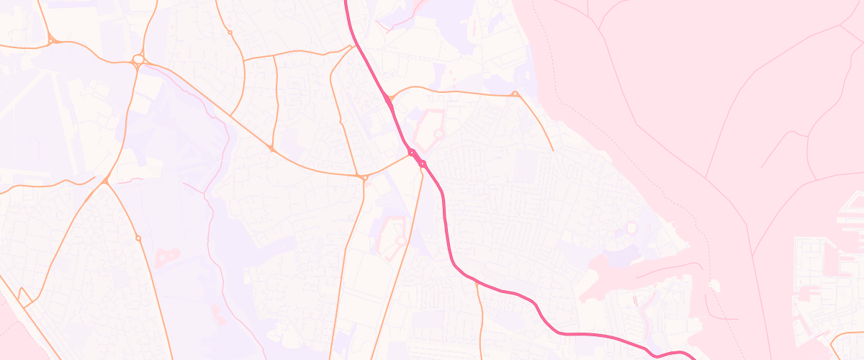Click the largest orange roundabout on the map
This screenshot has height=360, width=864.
click(x=138, y=59)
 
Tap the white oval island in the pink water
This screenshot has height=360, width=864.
click(x=714, y=287)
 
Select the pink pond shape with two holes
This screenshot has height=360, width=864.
click(x=167, y=255)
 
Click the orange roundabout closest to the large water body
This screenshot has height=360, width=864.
click(x=515, y=94)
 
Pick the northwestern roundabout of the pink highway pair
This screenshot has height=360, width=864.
click(x=412, y=152)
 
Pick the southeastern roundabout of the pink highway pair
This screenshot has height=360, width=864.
click(x=423, y=164)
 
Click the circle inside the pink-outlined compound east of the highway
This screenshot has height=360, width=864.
click(x=438, y=134)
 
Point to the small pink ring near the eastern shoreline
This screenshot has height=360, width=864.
click(x=631, y=228)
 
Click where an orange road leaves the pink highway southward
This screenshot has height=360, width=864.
click(x=476, y=282)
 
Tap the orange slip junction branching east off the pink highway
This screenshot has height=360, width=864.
click(x=389, y=99)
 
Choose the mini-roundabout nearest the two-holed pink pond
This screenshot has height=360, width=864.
click(x=138, y=238)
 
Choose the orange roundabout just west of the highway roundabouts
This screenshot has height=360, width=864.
click(x=363, y=176)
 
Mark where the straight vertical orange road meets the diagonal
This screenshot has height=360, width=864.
click(x=271, y=148)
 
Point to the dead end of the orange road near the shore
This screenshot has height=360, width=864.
click(x=553, y=150)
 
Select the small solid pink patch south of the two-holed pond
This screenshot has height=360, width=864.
click(x=215, y=311)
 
